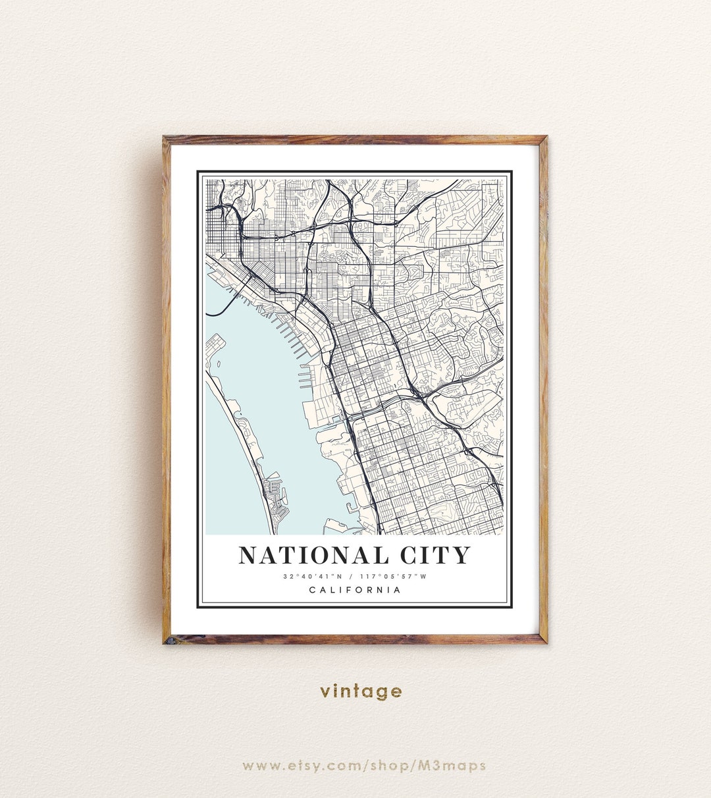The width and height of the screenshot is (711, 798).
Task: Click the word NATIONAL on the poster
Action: [x=313, y=555]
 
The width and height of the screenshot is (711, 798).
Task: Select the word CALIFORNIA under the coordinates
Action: [x=355, y=590]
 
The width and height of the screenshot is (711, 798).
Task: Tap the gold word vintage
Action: [x=361, y=691]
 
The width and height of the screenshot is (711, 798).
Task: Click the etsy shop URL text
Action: [x=364, y=765]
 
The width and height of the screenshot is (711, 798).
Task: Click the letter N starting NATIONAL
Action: [x=247, y=555]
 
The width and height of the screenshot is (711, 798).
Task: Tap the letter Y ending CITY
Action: [x=461, y=555]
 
